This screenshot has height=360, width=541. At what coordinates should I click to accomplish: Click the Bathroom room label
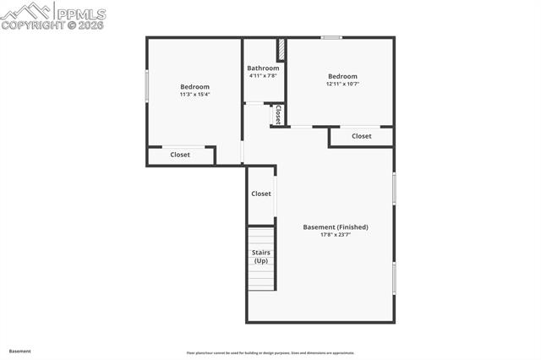tap(263, 68)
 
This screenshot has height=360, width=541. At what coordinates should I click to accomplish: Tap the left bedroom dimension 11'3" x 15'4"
tap(194, 95)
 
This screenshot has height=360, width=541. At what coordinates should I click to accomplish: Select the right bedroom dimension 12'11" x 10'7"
tap(342, 85)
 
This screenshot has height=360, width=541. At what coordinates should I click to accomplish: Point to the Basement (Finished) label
tap(336, 227)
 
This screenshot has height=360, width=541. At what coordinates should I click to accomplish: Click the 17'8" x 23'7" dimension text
tap(336, 235)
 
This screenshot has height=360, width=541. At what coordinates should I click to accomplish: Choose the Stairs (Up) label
tap(261, 256)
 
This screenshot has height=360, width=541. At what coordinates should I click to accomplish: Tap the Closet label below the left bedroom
tap(180, 155)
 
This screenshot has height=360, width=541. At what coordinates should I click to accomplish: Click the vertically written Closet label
tap(277, 114)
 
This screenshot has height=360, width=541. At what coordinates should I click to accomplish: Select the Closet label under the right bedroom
tap(361, 136)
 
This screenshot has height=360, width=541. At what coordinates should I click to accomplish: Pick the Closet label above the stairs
tap(261, 194)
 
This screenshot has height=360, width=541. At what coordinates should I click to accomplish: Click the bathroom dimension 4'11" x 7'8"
tap(263, 76)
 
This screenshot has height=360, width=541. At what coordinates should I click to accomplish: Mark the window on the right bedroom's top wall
tap(331, 37)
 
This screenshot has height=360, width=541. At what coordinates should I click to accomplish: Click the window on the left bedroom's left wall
tap(147, 86)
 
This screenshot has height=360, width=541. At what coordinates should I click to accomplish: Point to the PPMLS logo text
tap(80, 14)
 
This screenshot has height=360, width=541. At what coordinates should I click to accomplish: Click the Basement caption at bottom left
tap(20, 351)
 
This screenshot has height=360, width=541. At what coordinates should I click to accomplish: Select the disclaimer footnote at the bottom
tap(270, 353)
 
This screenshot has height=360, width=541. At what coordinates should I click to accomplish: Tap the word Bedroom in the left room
tap(194, 87)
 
